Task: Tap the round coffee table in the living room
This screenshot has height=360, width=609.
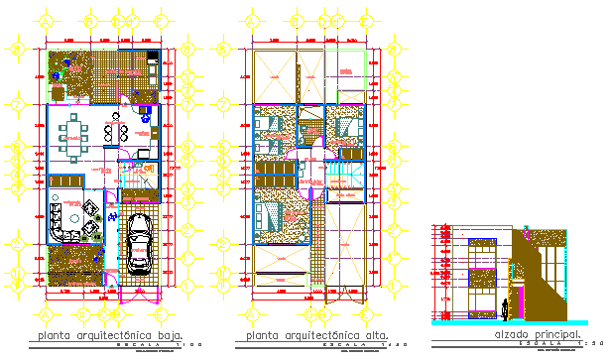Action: (x=74, y=217)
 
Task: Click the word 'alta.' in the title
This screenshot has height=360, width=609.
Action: (x=375, y=336)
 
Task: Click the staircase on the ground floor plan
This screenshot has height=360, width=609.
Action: (x=137, y=180)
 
